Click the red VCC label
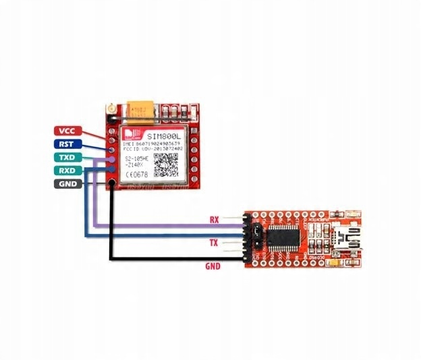pos(67,131)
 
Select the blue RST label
pos(67,144)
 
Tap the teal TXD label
pos(67,157)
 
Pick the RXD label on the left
pos(67,170)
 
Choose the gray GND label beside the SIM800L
pos(67,183)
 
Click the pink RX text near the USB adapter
pos(215,220)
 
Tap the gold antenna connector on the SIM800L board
pos(109,108)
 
